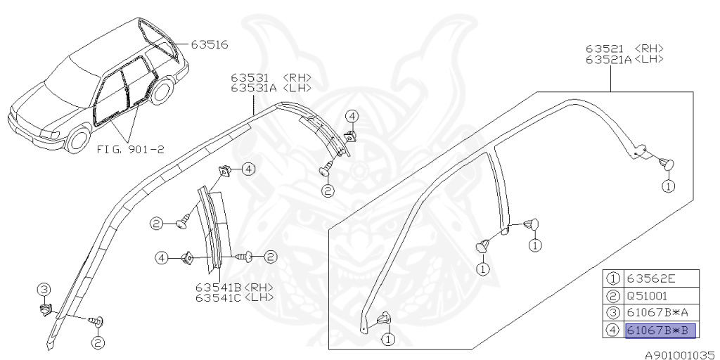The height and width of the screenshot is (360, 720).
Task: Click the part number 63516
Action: [210, 44]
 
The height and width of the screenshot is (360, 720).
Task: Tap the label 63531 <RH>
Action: [271, 77]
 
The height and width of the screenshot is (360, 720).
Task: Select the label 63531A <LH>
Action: [271, 88]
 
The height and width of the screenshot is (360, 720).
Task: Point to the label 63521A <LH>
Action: [624, 59]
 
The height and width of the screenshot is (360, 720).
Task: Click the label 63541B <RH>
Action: [235, 287]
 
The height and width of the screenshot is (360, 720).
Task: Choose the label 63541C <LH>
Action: [235, 297]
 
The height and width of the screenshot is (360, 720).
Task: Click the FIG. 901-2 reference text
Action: [130, 149]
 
